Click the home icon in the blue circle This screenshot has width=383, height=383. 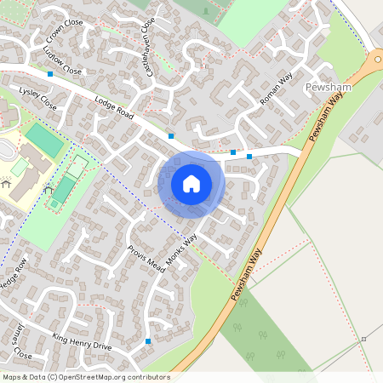click(191, 184)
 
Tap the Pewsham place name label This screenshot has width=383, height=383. click(327, 88)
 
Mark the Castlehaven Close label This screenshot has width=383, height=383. click(151, 47)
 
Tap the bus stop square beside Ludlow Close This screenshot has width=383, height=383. click(51, 75)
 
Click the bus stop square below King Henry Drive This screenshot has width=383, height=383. click(149, 341)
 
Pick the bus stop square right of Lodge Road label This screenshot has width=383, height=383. click(171, 136)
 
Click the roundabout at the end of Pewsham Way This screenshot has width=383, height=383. click(375, 60)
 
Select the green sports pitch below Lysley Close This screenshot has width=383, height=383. click(44, 140)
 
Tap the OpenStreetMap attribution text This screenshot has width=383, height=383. click(86, 376)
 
